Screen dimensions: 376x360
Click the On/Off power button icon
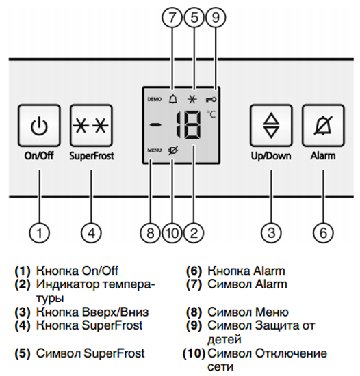(x=40, y=125)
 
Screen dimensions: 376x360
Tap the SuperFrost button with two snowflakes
(x=91, y=125)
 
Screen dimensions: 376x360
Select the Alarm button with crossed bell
(x=322, y=125)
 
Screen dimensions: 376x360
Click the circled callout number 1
(x=40, y=232)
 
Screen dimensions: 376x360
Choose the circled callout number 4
(x=91, y=232)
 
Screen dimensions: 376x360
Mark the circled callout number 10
(x=172, y=232)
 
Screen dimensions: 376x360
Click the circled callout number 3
(x=272, y=232)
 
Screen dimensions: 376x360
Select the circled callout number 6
(x=322, y=232)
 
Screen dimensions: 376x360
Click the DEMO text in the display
(x=154, y=99)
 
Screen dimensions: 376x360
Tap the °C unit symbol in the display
(x=211, y=114)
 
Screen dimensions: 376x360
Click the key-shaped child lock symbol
(x=213, y=99)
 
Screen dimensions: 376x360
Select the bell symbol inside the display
(x=172, y=98)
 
